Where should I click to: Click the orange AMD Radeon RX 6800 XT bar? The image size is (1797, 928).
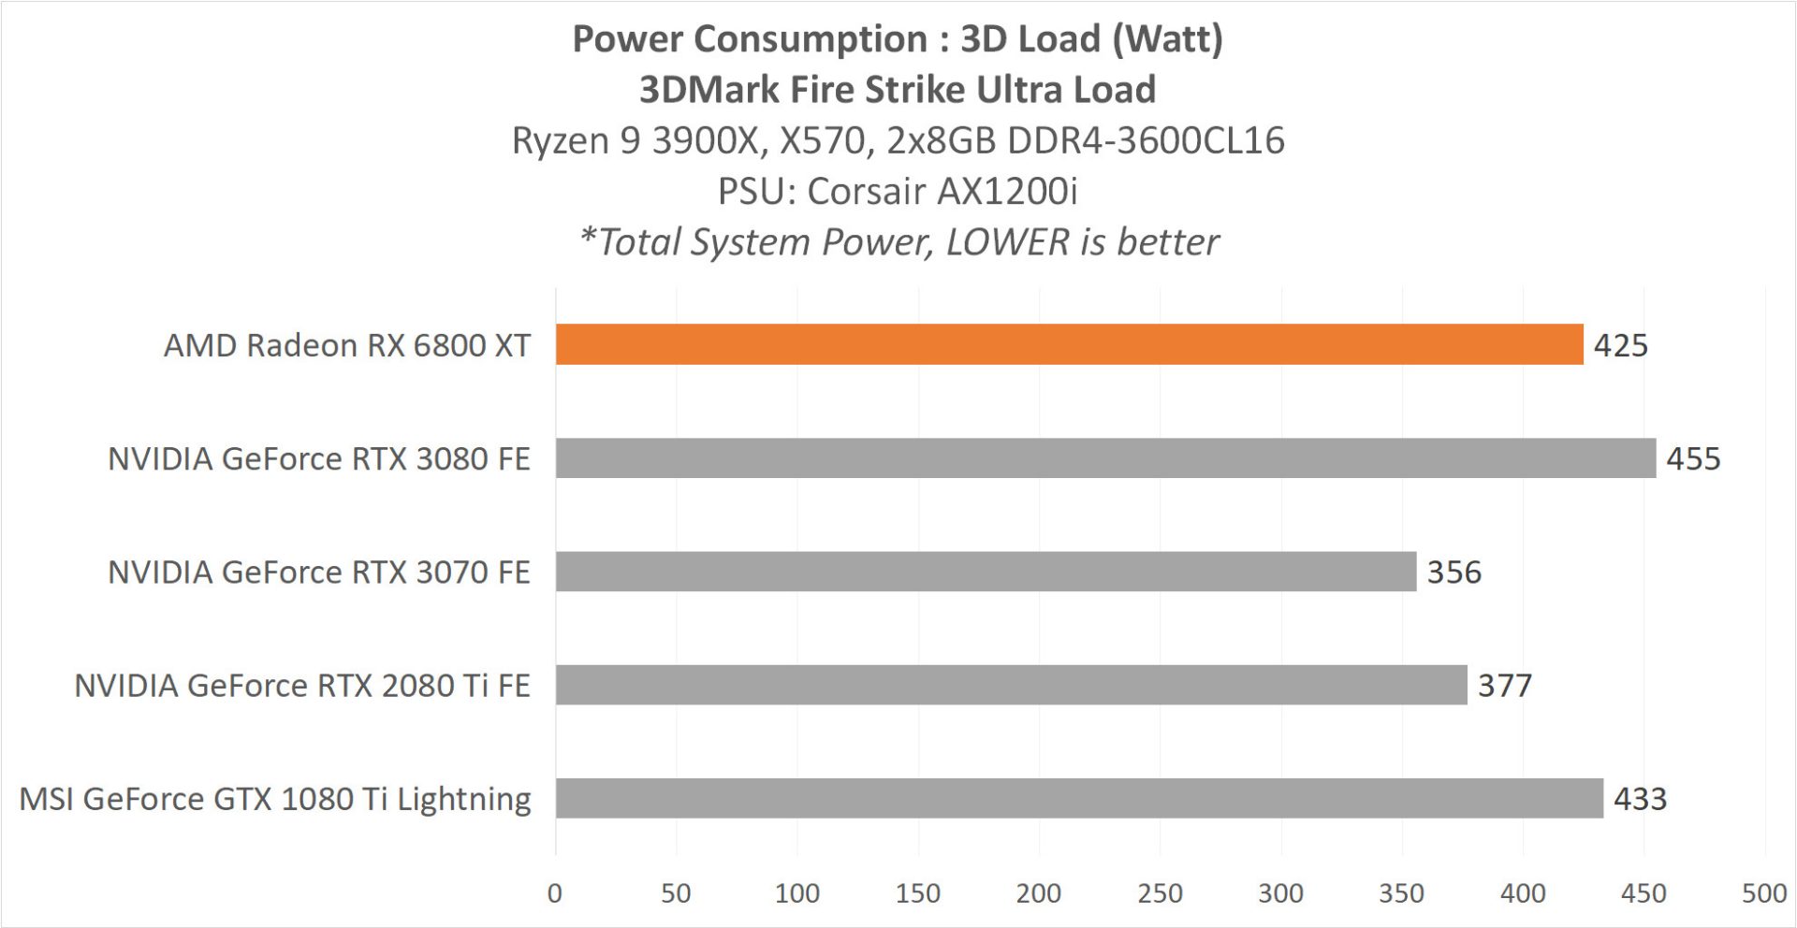pyautogui.click(x=1069, y=344)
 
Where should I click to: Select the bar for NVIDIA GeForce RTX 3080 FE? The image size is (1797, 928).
pyautogui.click(x=1105, y=458)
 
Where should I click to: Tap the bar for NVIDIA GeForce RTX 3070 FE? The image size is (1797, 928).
pyautogui.click(x=986, y=572)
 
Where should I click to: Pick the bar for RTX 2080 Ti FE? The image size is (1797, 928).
pyautogui.click(x=1011, y=685)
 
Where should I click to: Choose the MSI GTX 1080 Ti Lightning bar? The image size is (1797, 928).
pyautogui.click(x=1079, y=798)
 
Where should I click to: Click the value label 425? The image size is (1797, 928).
pyautogui.click(x=1620, y=345)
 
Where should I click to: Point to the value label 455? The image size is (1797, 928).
pyautogui.click(x=1693, y=458)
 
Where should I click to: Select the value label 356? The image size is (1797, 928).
pyautogui.click(x=1454, y=572)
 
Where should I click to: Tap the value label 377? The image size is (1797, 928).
pyautogui.click(x=1504, y=685)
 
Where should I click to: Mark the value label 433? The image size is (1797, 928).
pyautogui.click(x=1640, y=798)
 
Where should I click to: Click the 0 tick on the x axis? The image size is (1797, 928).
pyautogui.click(x=555, y=893)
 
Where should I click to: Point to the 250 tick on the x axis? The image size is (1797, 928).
pyautogui.click(x=1160, y=893)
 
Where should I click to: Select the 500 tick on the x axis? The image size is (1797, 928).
pyautogui.click(x=1764, y=893)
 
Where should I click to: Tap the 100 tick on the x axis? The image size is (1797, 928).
pyautogui.click(x=796, y=893)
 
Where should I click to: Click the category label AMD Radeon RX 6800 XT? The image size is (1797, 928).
pyautogui.click(x=346, y=345)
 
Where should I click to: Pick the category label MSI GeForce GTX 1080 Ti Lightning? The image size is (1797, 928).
pyautogui.click(x=275, y=799)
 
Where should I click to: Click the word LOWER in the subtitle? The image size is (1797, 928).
pyautogui.click(x=1007, y=242)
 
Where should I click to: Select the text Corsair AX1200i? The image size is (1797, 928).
pyautogui.click(x=942, y=191)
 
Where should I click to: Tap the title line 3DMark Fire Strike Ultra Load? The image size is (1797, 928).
pyautogui.click(x=898, y=90)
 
